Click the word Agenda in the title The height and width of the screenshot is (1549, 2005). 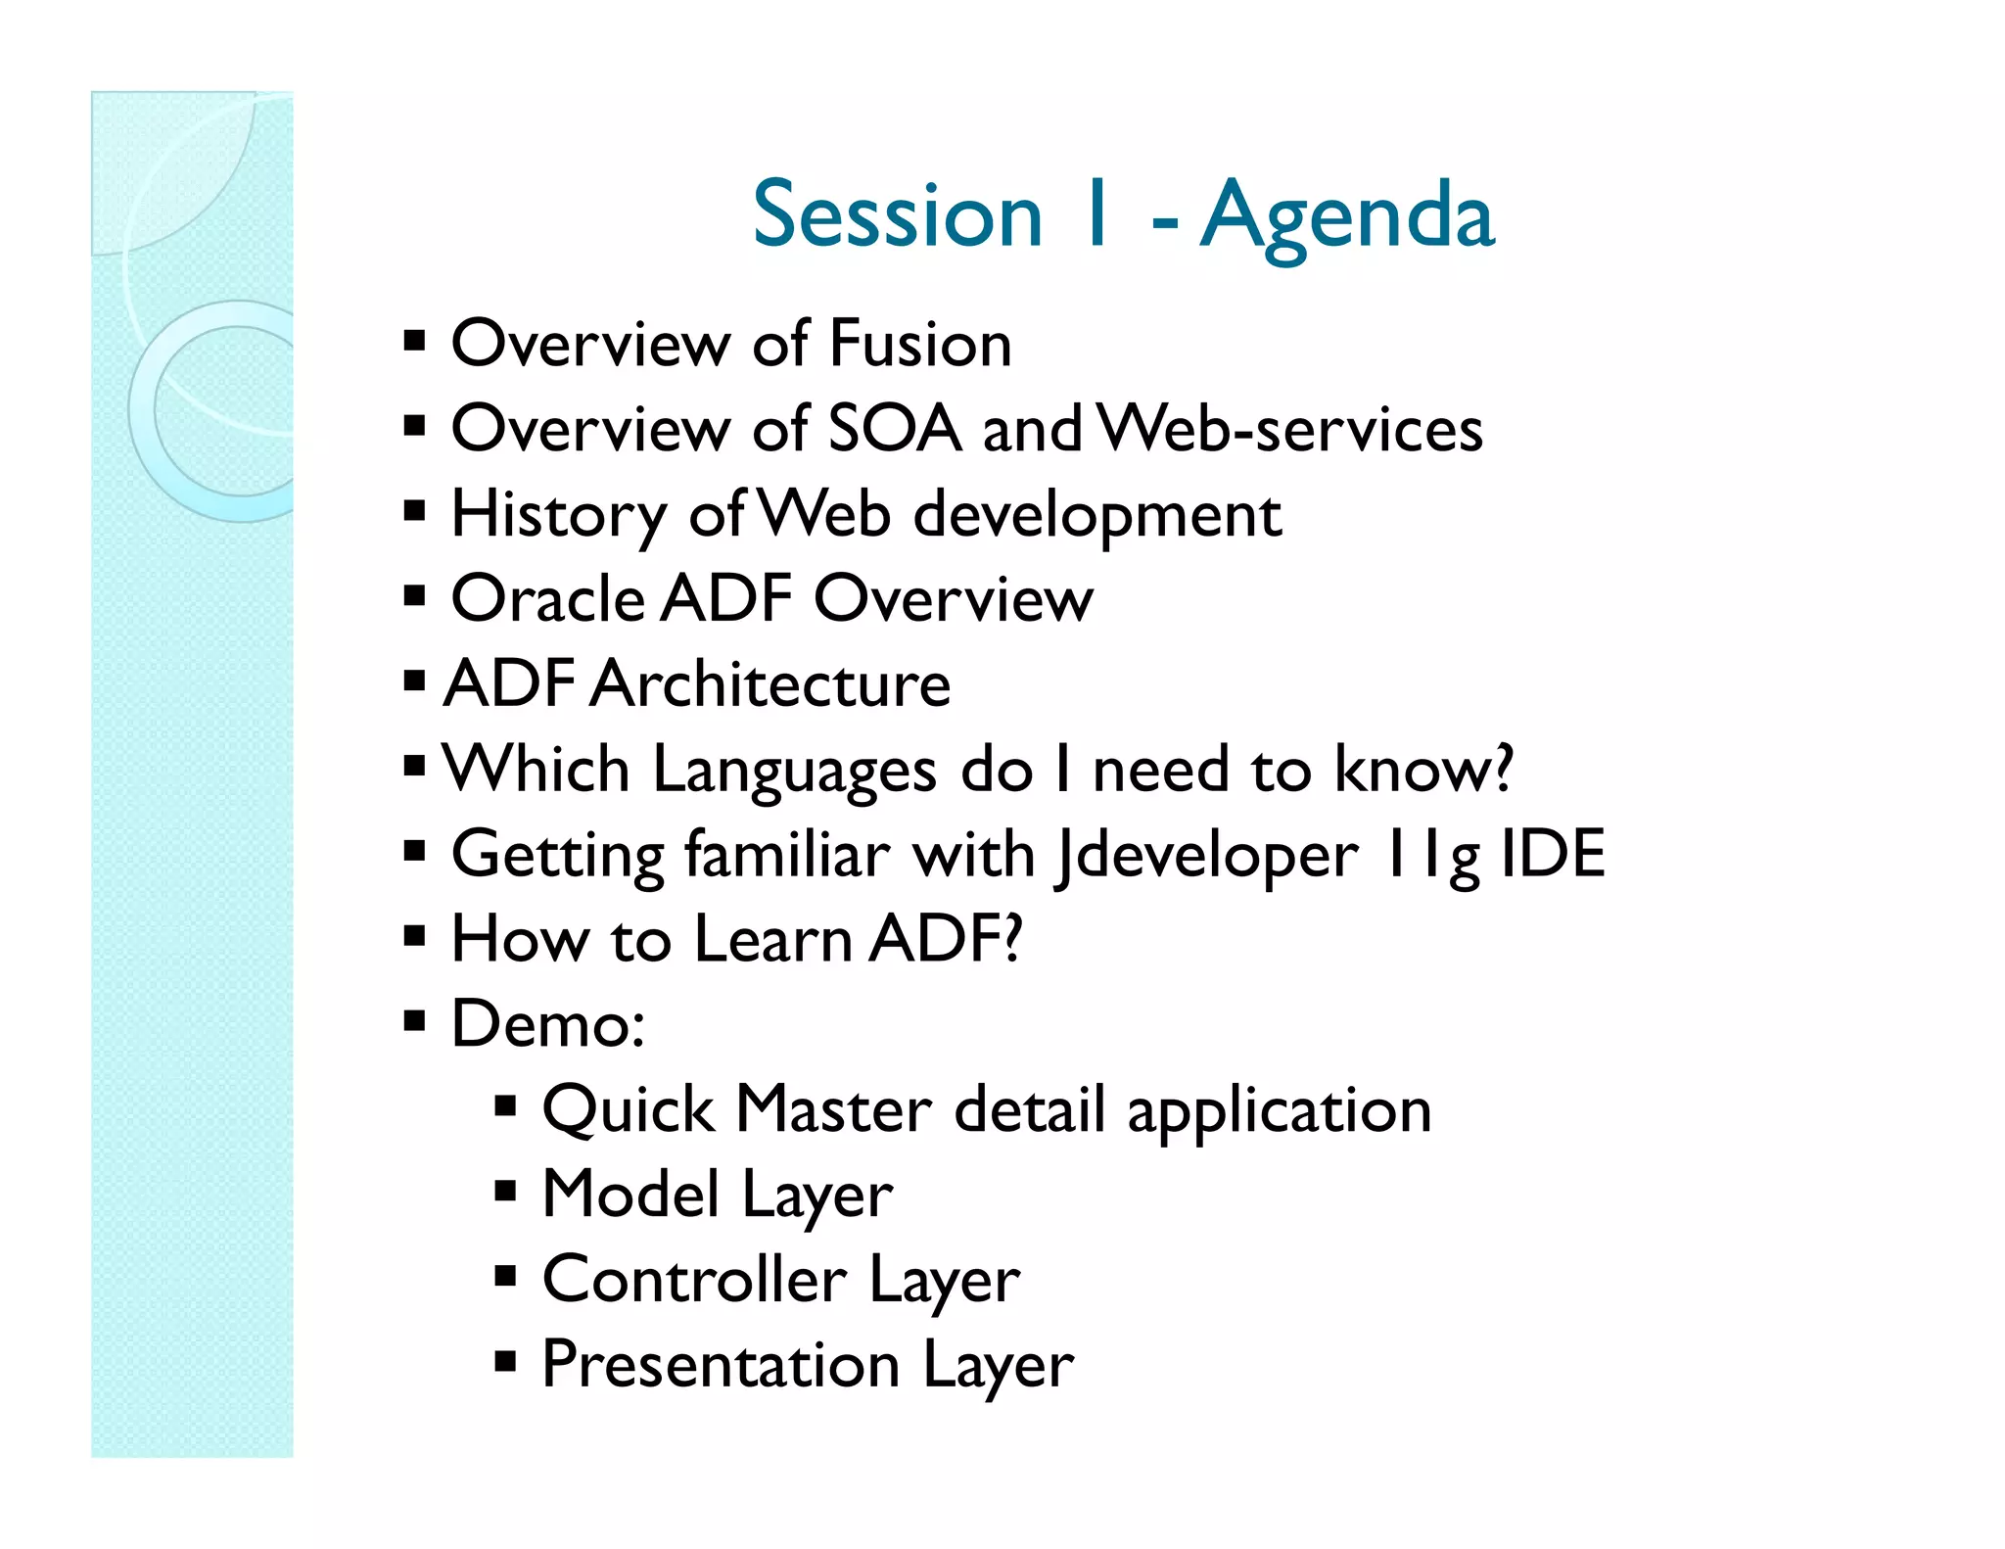[1347, 217]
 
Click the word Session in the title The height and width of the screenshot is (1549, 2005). [898, 217]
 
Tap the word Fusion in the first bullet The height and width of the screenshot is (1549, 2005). [920, 345]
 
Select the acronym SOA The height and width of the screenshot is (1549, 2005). [895, 430]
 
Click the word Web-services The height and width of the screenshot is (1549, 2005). [1290, 430]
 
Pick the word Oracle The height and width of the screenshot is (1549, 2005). [547, 599]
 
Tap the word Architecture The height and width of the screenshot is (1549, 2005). [771, 684]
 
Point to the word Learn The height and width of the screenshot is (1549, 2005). [773, 940]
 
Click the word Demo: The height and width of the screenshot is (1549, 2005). [548, 1025]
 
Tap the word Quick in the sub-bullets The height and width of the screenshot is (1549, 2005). [628, 1110]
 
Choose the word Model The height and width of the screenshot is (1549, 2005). [630, 1195]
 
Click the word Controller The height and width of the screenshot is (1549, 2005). [694, 1280]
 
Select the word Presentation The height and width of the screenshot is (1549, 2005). [721, 1365]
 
